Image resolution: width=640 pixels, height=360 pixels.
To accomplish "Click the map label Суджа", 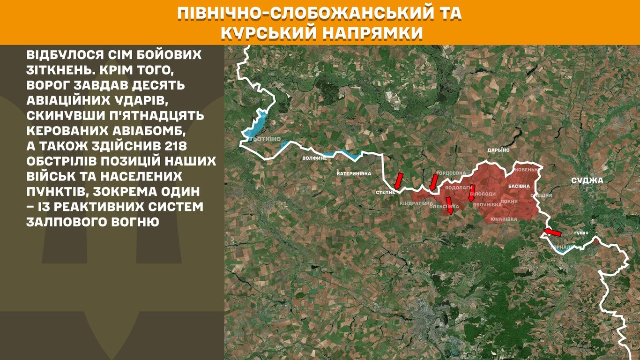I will click(x=587, y=180).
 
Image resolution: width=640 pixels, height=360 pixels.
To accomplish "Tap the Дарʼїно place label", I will click(x=498, y=150).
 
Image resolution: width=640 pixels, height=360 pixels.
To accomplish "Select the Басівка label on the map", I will click(x=519, y=186).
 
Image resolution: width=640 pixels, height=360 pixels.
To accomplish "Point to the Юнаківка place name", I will click(x=504, y=219).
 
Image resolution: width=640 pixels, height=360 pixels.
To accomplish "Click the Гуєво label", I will click(x=580, y=233).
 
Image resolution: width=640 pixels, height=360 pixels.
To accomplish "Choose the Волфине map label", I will click(x=314, y=158).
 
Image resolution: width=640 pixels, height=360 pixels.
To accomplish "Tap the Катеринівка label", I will click(x=354, y=174).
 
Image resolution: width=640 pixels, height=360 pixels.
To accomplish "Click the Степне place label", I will click(x=386, y=193).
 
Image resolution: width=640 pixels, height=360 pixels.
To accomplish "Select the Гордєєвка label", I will click(x=451, y=173).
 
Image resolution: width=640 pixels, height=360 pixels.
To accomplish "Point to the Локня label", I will click(x=509, y=202).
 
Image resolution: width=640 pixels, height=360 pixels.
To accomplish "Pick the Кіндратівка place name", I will click(x=416, y=204).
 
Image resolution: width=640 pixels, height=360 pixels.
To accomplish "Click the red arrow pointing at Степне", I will click(x=398, y=180).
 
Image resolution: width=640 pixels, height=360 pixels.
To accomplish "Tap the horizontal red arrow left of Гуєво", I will click(x=551, y=232).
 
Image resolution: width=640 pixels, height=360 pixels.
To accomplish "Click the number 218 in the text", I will click(x=187, y=146).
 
